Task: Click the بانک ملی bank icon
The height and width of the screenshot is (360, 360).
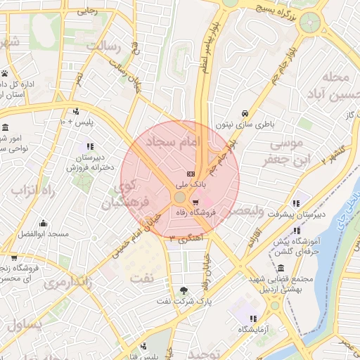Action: tap(191, 174)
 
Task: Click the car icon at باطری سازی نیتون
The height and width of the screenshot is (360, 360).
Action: tap(244, 114)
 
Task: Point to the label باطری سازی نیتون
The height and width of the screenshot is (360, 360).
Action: tap(243, 124)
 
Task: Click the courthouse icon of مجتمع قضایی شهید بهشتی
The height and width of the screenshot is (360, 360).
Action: tap(281, 268)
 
